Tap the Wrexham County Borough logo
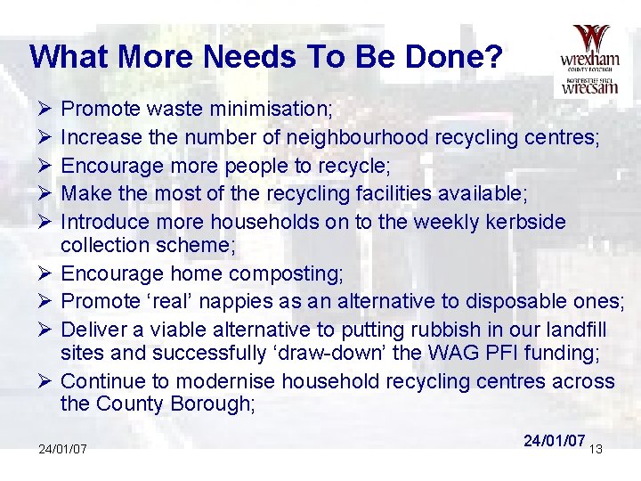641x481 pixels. click(x=589, y=61)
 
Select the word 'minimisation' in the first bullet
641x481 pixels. click(x=272, y=110)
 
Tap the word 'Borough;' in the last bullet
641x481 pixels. click(x=214, y=404)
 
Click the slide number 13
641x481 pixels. click(x=596, y=450)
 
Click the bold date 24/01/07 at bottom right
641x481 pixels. click(x=554, y=441)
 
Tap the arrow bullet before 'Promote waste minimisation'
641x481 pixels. click(x=45, y=110)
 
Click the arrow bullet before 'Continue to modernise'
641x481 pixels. click(x=45, y=381)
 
